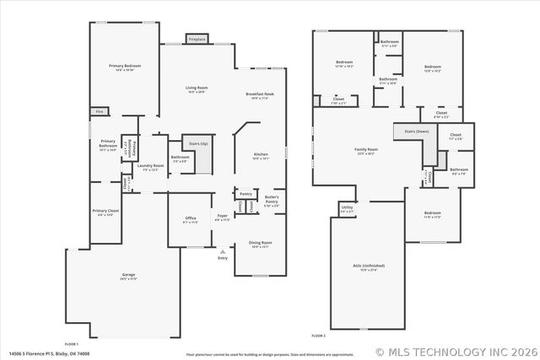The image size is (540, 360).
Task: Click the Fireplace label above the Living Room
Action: (197, 39)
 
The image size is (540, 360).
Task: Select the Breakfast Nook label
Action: (259, 95)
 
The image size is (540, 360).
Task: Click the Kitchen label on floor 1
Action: (262, 156)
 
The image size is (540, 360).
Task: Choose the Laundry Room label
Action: (151, 167)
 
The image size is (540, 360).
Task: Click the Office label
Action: (191, 220)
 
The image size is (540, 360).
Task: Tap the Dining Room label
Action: (260, 244)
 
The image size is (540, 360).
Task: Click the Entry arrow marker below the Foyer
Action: (223, 251)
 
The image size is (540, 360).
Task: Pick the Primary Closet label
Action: (105, 213)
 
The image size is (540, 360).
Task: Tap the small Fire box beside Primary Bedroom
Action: (98, 111)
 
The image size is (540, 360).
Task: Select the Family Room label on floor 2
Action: (365, 151)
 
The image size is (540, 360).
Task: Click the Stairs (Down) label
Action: (416, 132)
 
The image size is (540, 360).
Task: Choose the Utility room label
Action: (347, 208)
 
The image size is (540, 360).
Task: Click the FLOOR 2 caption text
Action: (318, 336)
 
